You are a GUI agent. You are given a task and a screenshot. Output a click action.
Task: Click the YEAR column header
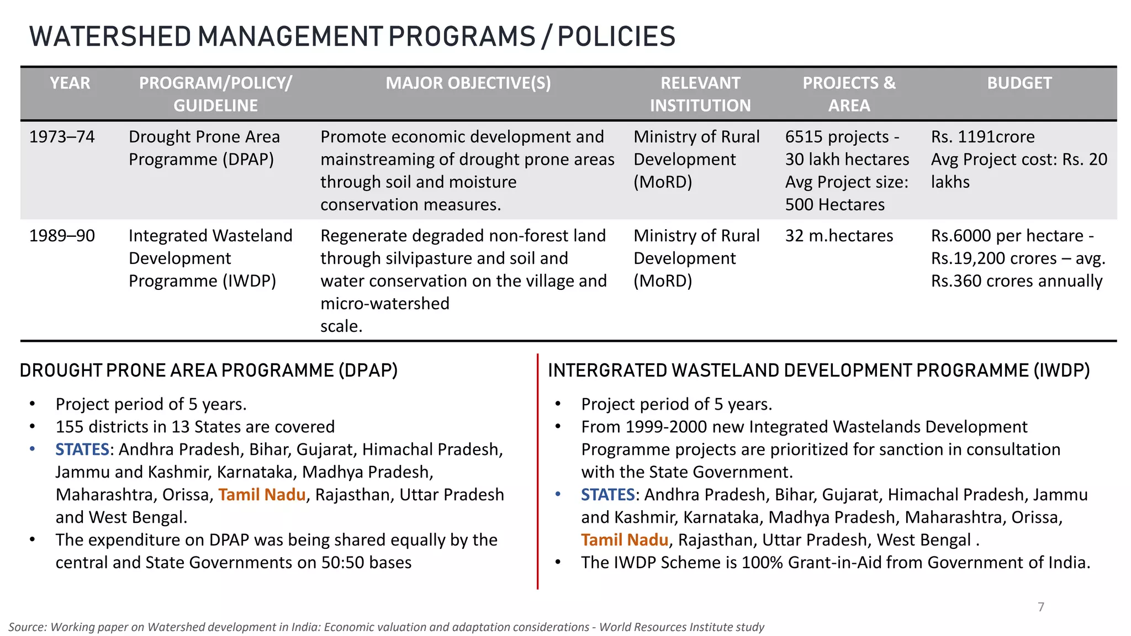[70, 83]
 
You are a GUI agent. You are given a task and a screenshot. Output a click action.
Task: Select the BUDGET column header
[1019, 83]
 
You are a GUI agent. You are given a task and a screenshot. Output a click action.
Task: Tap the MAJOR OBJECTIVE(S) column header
[468, 83]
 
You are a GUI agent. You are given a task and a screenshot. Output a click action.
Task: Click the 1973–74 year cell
[62, 136]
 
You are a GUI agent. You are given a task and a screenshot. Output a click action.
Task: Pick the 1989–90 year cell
[62, 236]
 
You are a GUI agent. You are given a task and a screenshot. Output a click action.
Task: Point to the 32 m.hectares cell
[839, 236]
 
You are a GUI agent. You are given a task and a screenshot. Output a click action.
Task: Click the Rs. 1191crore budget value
[982, 136]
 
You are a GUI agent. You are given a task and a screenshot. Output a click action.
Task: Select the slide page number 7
[1041, 607]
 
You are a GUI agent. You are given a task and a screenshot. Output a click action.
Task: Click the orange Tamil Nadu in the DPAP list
[262, 494]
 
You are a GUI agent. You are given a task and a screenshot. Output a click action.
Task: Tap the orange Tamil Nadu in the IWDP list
[624, 539]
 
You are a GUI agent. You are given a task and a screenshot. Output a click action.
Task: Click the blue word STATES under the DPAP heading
[82, 449]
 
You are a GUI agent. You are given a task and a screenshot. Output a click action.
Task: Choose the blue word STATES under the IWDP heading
[607, 494]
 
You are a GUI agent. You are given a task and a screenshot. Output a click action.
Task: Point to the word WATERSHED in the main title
[110, 36]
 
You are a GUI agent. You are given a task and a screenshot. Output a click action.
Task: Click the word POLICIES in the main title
[616, 36]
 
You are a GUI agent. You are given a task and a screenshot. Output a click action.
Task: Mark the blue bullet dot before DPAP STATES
[33, 449]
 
